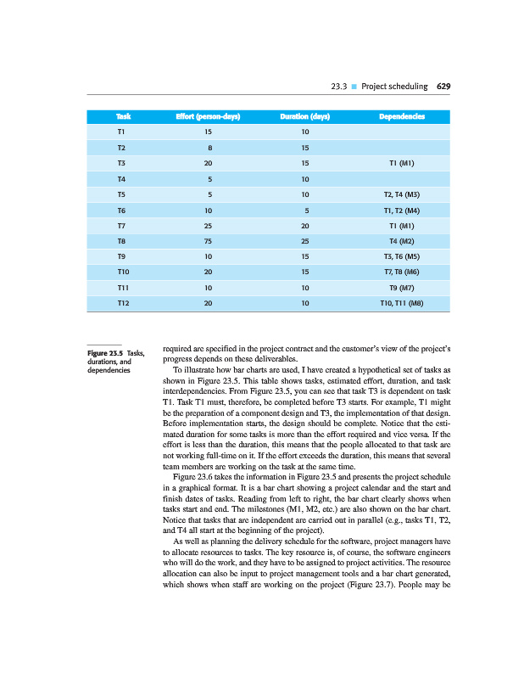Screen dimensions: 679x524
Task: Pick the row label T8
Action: tap(122, 241)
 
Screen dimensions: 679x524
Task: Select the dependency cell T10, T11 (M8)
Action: tap(402, 303)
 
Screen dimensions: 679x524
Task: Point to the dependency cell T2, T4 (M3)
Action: tap(402, 194)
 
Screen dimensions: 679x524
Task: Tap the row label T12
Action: tap(124, 303)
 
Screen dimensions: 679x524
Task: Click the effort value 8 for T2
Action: tap(209, 148)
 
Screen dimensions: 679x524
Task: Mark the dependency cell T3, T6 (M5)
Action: tap(402, 256)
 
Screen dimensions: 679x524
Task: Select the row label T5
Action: tap(122, 194)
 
